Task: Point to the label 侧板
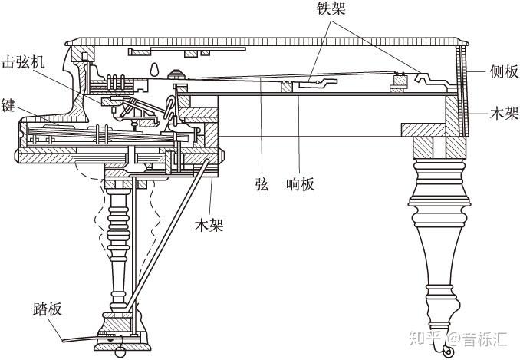point(503,71)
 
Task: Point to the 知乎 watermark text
point(424,335)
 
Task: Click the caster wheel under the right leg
point(443,349)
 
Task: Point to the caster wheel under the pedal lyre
point(120,351)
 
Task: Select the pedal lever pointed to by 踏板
point(84,340)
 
